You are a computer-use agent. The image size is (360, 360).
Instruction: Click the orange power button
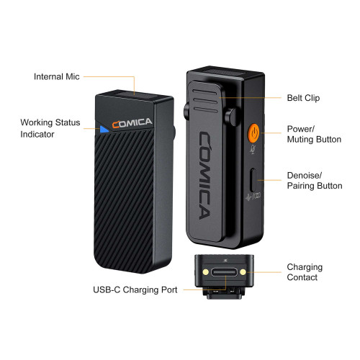(x=253, y=132)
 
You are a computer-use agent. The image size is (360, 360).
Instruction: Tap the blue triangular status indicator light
(x=104, y=129)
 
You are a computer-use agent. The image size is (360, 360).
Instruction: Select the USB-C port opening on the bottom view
(x=224, y=272)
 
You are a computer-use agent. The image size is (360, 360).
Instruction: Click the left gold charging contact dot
(x=206, y=272)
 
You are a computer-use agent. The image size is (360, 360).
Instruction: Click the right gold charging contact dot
(x=243, y=272)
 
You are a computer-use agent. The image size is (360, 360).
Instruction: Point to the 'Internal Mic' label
(x=57, y=76)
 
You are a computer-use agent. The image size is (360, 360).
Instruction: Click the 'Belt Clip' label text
(x=303, y=98)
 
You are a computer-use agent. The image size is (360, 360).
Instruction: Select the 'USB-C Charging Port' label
(x=135, y=289)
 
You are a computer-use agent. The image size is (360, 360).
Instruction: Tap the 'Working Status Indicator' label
(x=50, y=128)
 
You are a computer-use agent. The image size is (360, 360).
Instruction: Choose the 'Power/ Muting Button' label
(x=314, y=134)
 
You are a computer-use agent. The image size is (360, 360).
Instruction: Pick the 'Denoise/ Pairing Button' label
(x=315, y=181)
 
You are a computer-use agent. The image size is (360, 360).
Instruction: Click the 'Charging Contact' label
(x=305, y=272)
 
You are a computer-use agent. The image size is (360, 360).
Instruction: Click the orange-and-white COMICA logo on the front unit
(x=132, y=123)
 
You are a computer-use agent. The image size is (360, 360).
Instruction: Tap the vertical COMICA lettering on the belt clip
(x=205, y=175)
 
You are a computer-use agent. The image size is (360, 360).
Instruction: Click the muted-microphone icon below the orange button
(x=253, y=149)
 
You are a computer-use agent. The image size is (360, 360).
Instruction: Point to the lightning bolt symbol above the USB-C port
(x=225, y=261)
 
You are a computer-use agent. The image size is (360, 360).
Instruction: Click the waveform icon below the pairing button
(x=253, y=197)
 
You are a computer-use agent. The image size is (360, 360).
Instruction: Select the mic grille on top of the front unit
(x=135, y=95)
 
